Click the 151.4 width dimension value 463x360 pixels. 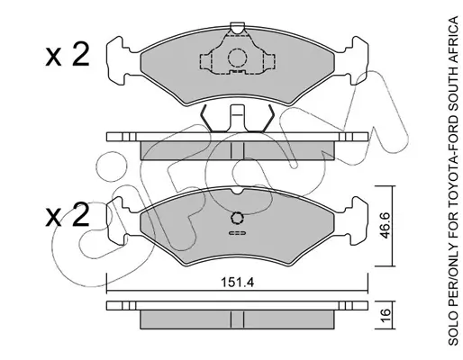click(237, 283)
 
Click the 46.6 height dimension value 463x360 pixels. click(385, 226)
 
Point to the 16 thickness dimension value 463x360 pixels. click(386, 315)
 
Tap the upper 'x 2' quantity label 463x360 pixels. click(68, 54)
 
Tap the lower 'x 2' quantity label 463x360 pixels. click(68, 214)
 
